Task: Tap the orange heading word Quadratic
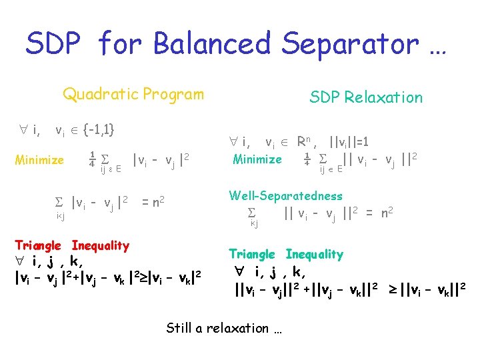click(99, 94)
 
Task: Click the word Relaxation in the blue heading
click(384, 97)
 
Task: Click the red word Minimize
click(39, 160)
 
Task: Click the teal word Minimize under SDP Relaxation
click(257, 159)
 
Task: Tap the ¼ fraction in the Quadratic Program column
click(92, 160)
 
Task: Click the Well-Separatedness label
click(285, 196)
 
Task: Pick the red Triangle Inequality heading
click(72, 245)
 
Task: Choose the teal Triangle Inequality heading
click(286, 254)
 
